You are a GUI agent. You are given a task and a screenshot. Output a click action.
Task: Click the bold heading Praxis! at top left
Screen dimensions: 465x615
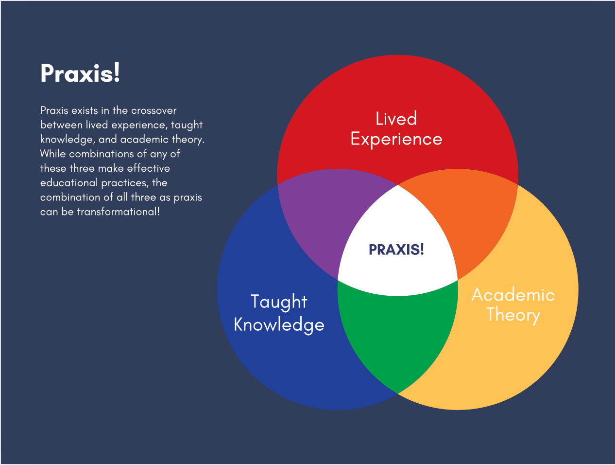tap(80, 74)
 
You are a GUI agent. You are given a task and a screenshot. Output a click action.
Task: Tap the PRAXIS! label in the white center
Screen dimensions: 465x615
tap(396, 250)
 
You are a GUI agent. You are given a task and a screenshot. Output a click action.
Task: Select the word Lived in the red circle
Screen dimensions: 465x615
tap(396, 119)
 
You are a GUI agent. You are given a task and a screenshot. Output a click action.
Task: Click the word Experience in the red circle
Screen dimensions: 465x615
tap(396, 140)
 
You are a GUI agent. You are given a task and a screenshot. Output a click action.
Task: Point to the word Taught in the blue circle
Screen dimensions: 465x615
tap(279, 302)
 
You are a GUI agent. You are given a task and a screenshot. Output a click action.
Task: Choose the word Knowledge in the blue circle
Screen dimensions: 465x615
tap(279, 324)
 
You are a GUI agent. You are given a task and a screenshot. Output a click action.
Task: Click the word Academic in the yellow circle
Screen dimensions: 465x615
tap(513, 295)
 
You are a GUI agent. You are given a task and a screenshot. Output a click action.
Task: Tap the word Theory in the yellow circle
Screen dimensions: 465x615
tap(513, 315)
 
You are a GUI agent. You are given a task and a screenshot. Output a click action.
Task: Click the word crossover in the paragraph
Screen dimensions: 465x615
tap(154, 110)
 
